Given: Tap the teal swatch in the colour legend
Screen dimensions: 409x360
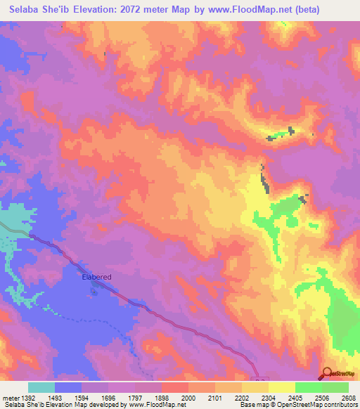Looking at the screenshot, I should tap(41, 387).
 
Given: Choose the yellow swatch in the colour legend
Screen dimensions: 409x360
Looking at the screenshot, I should tap(281, 387).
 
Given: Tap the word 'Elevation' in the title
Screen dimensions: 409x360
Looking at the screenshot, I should tap(94, 9).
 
